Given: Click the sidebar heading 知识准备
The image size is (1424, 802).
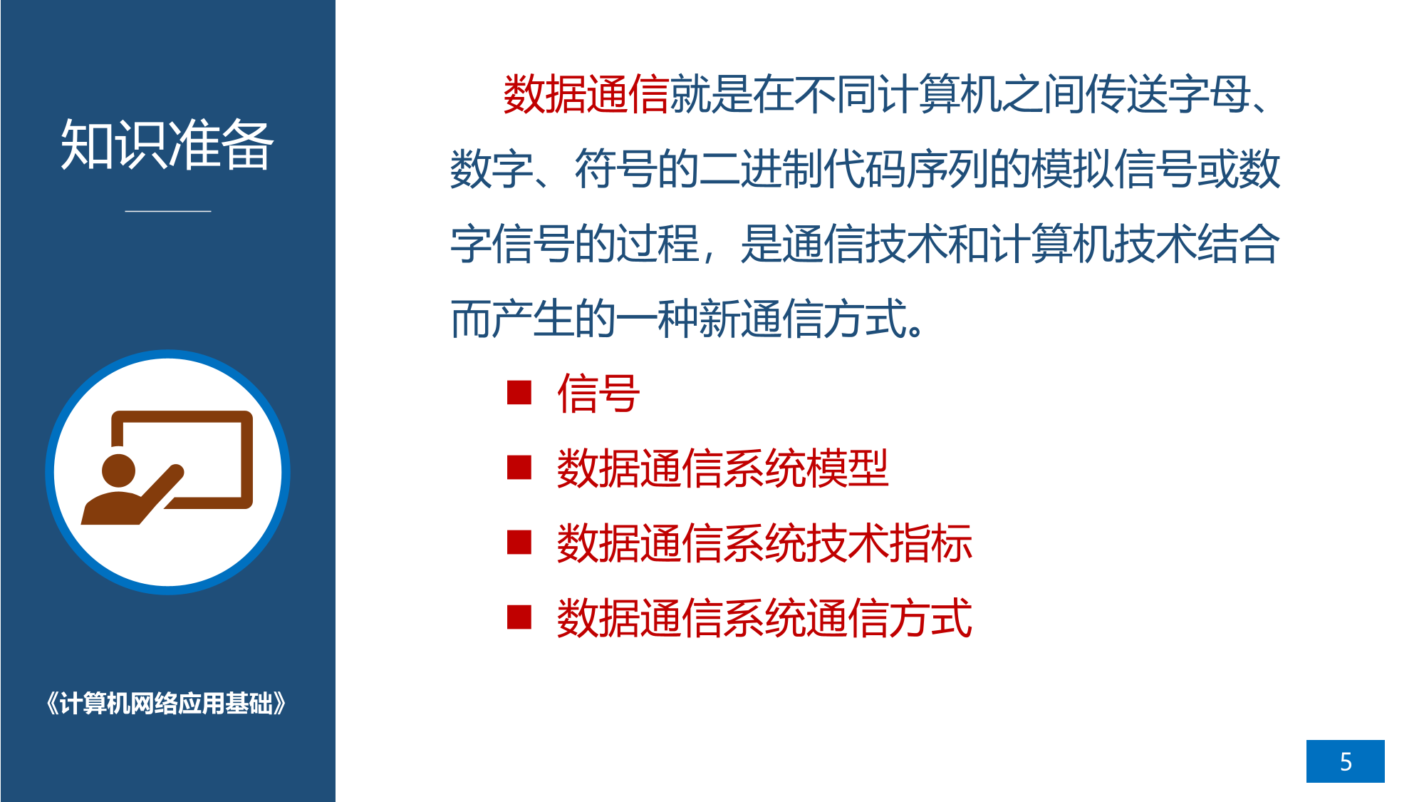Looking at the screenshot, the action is point(167,145).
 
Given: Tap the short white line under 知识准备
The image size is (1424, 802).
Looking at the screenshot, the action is point(168,211).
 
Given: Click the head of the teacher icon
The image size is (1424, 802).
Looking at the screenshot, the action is point(118,471).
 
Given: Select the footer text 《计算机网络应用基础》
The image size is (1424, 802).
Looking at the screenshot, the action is point(166,704).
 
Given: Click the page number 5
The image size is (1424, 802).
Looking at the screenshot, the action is point(1345,761).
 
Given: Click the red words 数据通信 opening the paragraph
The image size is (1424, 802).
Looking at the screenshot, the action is point(586,95).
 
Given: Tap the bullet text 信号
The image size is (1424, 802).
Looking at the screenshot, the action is point(598,394).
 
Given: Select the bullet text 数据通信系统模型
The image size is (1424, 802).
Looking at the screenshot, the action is point(723,468).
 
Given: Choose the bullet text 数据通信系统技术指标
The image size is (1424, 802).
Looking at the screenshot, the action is point(764,543).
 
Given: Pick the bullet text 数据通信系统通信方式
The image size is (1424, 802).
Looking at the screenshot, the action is point(764,618).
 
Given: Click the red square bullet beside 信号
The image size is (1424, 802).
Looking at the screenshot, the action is point(519,392).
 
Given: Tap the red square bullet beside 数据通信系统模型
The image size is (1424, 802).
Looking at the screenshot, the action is point(519,468).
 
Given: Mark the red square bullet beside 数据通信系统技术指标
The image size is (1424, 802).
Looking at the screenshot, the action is point(519,543).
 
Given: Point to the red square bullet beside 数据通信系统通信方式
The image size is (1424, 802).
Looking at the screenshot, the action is point(519,617).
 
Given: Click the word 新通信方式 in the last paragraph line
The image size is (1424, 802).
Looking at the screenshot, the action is point(803,319).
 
